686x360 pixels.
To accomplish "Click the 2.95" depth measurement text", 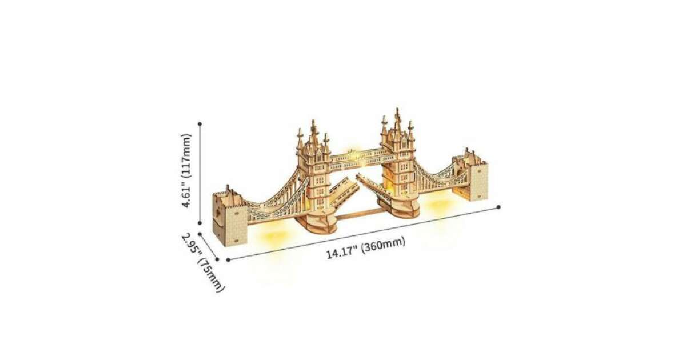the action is (191, 245).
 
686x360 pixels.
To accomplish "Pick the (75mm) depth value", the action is (211, 275).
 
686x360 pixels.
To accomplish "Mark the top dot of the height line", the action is (200, 123).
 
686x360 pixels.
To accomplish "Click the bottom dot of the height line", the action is (200, 223).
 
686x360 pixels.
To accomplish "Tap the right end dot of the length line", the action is (498, 207).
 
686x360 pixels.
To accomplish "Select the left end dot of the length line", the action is (228, 260).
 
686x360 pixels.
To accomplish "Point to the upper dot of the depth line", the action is (200, 234).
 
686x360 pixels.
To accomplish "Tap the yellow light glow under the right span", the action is (439, 205).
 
